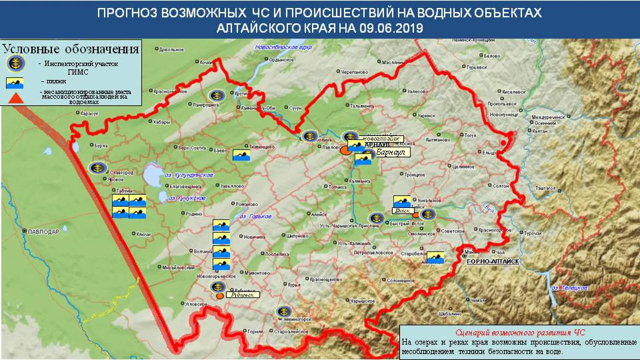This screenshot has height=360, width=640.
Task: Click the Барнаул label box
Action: pos(391,153)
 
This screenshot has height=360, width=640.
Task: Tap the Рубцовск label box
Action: pos(242,295)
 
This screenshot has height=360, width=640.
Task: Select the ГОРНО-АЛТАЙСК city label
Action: pos(493,262)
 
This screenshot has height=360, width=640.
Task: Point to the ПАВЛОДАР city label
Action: pos(43,231)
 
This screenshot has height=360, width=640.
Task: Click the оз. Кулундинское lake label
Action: pos(189,175)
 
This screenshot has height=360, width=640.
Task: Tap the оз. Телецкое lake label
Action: pos(570,288)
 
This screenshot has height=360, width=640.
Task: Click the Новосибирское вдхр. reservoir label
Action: pos(284,47)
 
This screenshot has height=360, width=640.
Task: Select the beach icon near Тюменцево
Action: pos(241,155)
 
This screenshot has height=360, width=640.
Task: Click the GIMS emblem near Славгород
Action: pos(97,168)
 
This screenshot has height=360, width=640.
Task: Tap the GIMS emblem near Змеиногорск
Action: pos(284,312)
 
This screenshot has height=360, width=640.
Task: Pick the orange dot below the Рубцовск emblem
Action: pos(219,296)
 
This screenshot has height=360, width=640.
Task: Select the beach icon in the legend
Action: pos(15,83)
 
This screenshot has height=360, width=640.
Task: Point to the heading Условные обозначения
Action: pos(71,49)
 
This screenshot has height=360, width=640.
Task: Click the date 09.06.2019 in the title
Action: pos(391,28)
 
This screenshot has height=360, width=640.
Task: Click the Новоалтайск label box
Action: pos(381,139)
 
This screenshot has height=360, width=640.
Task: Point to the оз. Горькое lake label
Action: pos(256,217)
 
